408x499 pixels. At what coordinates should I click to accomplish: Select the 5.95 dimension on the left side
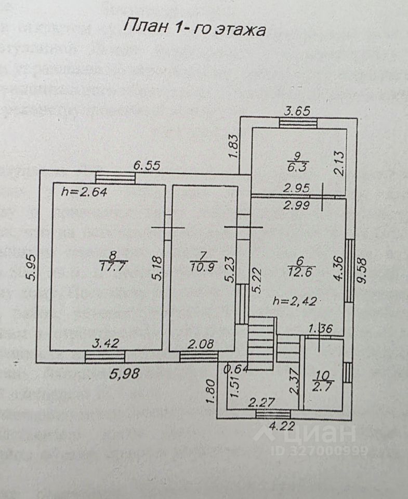tap(32, 268)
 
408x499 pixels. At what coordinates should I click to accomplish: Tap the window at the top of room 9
tap(297, 123)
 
